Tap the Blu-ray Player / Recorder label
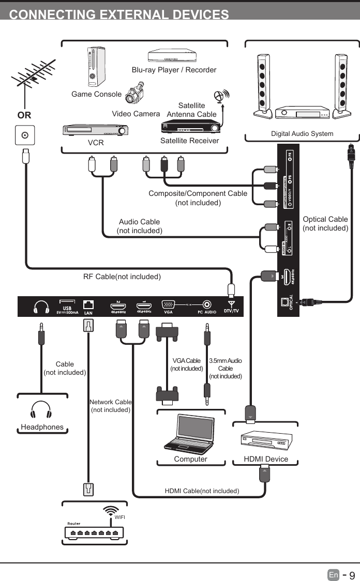point(174,70)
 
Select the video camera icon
point(136,95)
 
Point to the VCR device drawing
point(95,130)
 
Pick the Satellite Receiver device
point(191,126)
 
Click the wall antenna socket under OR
point(24,136)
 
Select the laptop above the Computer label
point(190,434)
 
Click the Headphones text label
point(42,427)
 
